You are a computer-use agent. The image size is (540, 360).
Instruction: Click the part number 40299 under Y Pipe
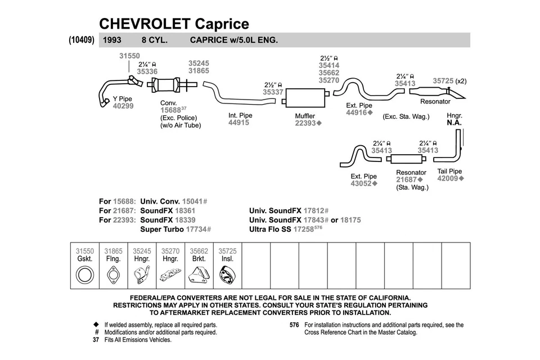point(123,106)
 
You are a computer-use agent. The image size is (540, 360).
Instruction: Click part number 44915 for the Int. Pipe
point(238,123)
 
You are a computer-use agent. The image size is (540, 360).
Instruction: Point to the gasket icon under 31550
point(84,276)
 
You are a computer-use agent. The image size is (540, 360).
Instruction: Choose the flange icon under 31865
point(113,276)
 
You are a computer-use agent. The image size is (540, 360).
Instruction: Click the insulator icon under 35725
point(227,276)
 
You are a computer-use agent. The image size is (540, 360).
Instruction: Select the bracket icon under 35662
point(199,276)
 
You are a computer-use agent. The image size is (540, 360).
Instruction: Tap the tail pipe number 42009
point(448,178)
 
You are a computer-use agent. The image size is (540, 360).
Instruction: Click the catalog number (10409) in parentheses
point(81,40)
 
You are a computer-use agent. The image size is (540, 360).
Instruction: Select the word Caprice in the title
point(222,24)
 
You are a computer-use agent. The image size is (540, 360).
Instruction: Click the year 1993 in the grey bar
point(112,40)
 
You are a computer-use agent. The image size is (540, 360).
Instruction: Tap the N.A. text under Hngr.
point(454,123)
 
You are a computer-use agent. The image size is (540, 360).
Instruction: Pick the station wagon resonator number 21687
point(406,180)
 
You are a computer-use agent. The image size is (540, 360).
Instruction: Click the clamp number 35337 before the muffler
point(273,92)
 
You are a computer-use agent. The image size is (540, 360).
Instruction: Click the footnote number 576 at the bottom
point(294,325)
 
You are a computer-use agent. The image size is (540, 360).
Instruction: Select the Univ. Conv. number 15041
point(192,201)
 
